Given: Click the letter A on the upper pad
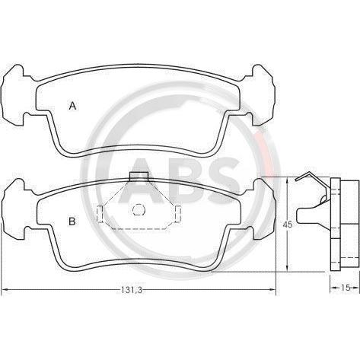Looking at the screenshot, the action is point(73,106).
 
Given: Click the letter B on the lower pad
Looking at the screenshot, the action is point(72,221).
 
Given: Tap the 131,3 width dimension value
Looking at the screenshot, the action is point(131,290).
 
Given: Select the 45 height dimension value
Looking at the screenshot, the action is point(288,225).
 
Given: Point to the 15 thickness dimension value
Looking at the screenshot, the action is point(346,288).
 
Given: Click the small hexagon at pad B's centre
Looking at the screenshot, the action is point(138,209).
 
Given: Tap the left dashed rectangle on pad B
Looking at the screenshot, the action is point(100,214).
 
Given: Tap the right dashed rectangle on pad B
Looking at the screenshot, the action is point(178,214).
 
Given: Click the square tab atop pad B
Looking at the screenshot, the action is point(139,177).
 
